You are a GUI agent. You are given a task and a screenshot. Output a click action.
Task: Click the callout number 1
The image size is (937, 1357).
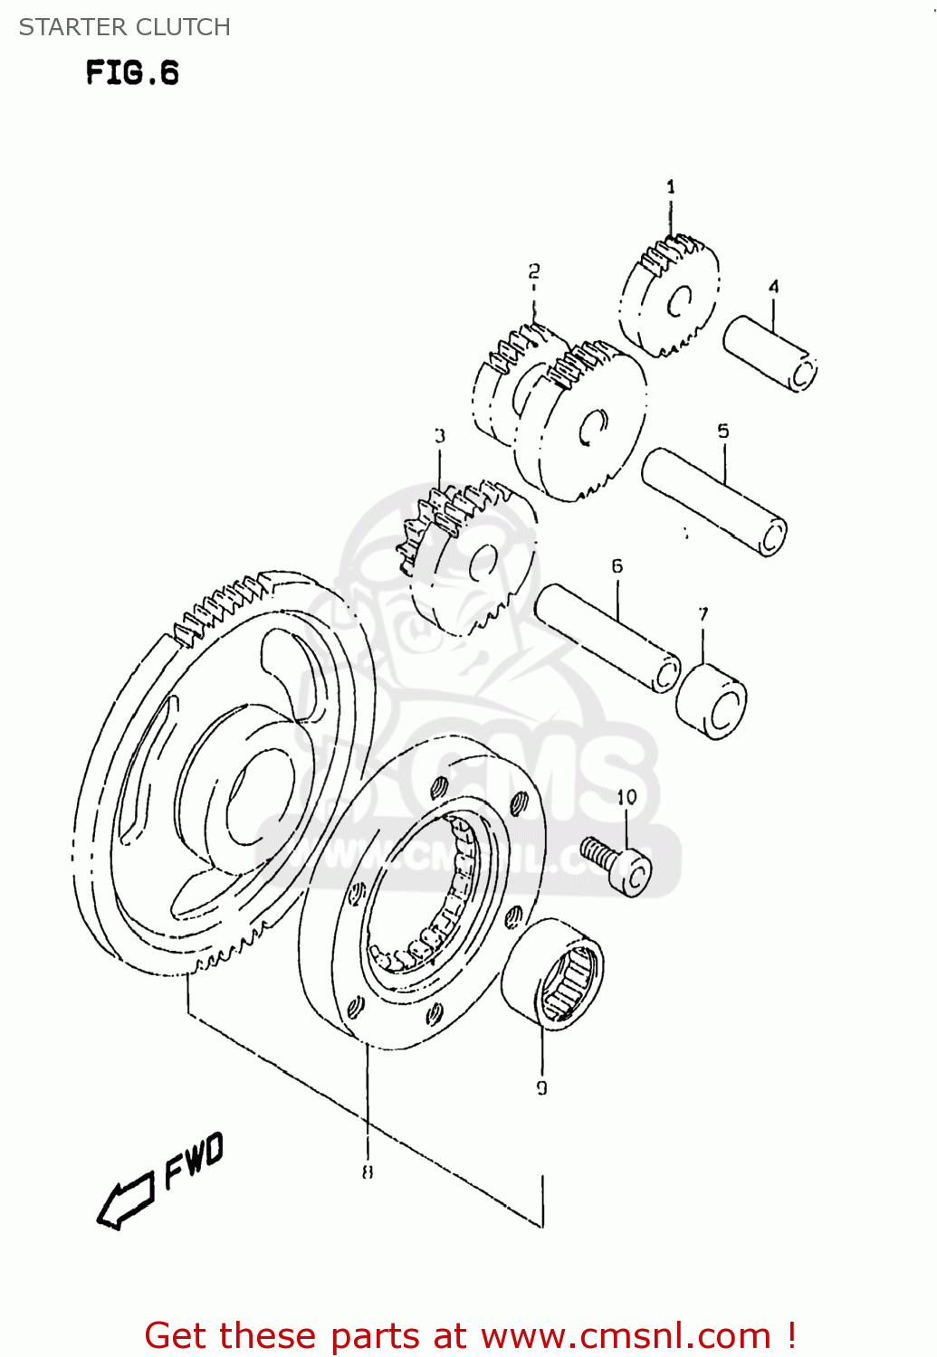click(x=671, y=187)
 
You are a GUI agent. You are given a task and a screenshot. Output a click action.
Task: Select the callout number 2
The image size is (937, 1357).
click(x=534, y=271)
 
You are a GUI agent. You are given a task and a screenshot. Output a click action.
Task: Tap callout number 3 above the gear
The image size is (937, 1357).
click(x=440, y=436)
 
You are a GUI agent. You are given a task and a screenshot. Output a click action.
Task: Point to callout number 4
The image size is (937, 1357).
click(x=774, y=287)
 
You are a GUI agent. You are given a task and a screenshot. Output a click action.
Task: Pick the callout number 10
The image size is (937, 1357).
click(x=627, y=797)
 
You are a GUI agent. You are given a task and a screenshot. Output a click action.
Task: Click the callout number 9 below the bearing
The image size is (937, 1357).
click(x=542, y=1088)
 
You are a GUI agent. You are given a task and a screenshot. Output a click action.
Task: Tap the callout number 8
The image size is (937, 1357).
click(x=368, y=1172)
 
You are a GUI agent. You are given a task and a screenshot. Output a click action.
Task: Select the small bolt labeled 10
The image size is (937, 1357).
click(x=618, y=864)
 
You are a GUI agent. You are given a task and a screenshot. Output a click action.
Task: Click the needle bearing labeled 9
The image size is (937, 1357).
click(x=553, y=973)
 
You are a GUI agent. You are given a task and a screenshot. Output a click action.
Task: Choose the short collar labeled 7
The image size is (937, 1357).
click(x=712, y=702)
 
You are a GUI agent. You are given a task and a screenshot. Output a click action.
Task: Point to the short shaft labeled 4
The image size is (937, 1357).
click(x=770, y=353)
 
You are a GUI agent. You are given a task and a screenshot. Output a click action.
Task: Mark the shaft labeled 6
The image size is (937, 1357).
click(x=607, y=637)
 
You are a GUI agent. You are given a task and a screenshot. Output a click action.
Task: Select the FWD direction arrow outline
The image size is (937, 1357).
click(x=125, y=1201)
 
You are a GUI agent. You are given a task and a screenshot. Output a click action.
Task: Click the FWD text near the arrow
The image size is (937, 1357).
click(x=194, y=1160)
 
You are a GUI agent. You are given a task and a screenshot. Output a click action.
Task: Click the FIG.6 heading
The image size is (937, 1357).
click(x=133, y=72)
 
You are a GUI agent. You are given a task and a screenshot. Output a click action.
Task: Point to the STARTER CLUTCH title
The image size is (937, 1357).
click(x=125, y=27)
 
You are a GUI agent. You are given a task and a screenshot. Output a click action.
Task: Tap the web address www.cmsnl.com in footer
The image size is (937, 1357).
click(x=626, y=1335)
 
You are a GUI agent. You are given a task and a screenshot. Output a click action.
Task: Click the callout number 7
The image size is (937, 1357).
click(x=704, y=614)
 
